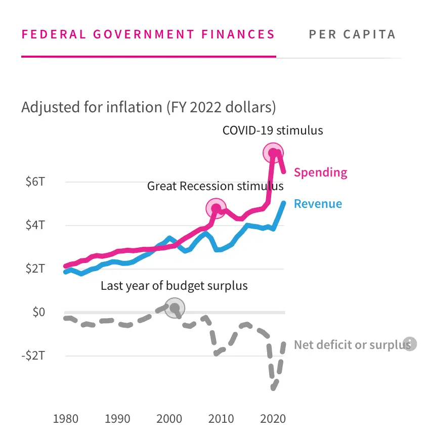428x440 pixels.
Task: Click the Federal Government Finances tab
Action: click(x=148, y=34)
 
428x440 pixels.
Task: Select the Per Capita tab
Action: click(x=352, y=34)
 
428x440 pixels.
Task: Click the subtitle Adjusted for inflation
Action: click(x=148, y=107)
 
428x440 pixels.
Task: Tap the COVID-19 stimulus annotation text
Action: click(x=273, y=130)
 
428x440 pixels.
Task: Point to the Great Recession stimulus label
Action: click(x=215, y=186)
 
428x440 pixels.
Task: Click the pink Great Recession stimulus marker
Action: click(x=216, y=208)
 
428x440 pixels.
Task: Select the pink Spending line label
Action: click(x=320, y=172)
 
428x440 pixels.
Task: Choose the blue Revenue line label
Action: click(x=318, y=204)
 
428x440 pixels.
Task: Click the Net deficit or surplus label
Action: click(x=352, y=345)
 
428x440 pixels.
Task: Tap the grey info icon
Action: click(x=410, y=344)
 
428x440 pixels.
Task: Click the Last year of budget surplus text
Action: click(x=174, y=286)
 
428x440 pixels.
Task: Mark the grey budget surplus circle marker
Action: click(x=175, y=307)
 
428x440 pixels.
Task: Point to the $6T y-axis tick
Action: click(x=35, y=182)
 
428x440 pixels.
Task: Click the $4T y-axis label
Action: click(x=35, y=226)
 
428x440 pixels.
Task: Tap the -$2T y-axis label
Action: click(x=33, y=356)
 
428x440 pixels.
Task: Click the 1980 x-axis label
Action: click(x=65, y=419)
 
